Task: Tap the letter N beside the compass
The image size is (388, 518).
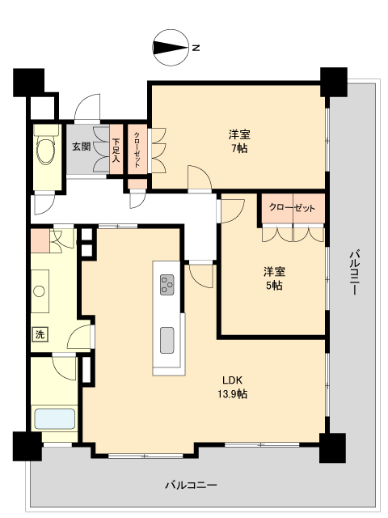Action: tap(196, 48)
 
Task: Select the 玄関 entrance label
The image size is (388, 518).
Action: tap(81, 146)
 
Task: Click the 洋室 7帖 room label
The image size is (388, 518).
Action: tap(238, 142)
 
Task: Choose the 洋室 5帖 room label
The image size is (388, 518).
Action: tap(272, 278)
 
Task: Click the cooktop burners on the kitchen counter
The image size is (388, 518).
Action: tap(167, 283)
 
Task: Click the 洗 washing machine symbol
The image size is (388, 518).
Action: tap(40, 333)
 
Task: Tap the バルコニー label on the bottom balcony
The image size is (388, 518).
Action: tap(192, 485)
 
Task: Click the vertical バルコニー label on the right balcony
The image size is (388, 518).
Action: tap(353, 273)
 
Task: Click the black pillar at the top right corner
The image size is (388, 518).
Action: tap(332, 81)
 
